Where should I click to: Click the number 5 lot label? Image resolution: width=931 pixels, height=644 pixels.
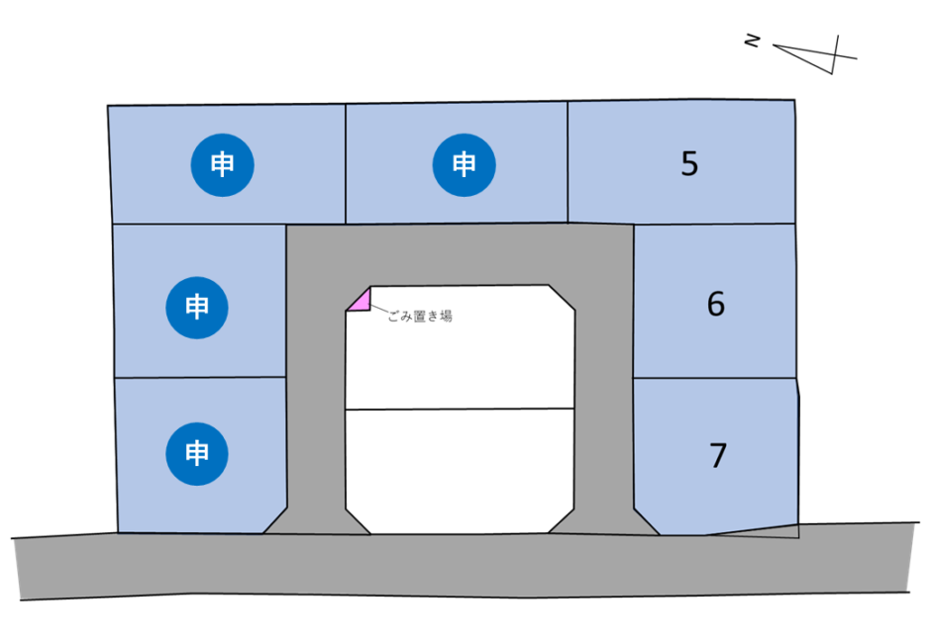point(689,163)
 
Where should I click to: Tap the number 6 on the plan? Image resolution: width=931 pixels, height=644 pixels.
point(715,304)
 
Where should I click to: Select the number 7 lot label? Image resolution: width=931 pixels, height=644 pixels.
point(718,456)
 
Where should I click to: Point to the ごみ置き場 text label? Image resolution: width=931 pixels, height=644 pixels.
point(420,317)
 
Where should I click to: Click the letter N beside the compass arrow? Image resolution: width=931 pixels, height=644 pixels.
point(754,41)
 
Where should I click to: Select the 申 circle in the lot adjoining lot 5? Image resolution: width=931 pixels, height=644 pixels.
point(464,164)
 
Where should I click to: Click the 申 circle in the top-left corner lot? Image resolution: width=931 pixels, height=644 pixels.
point(222,164)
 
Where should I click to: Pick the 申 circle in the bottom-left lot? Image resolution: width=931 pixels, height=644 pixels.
point(197,454)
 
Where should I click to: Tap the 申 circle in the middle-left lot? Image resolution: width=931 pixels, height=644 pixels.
point(197,307)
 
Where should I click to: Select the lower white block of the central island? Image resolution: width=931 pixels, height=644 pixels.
point(460,469)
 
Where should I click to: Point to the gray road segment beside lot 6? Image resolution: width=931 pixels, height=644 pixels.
point(603,376)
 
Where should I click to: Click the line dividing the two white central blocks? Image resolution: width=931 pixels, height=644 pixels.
point(460,409)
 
